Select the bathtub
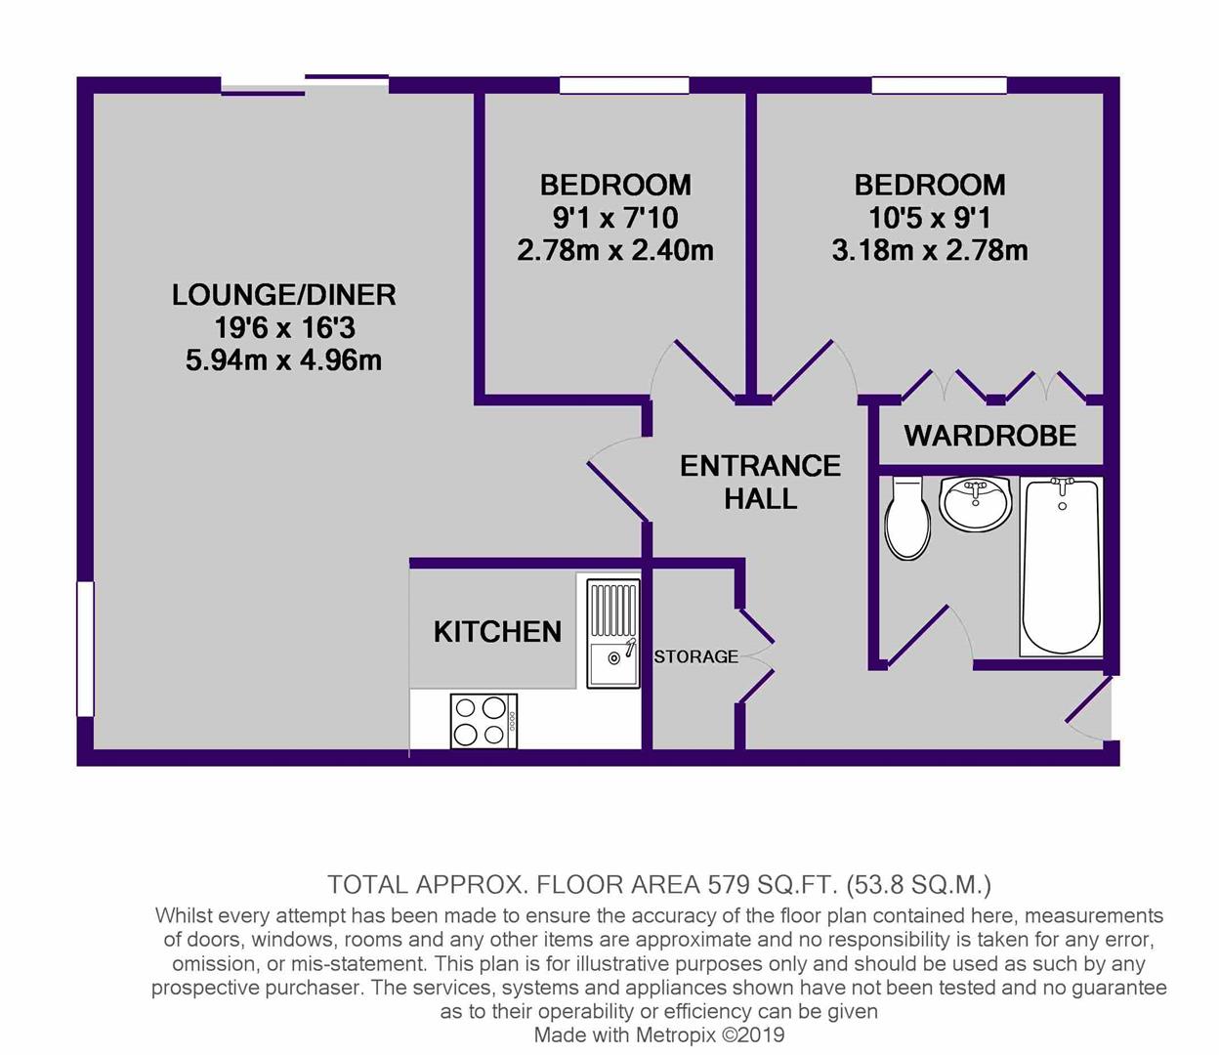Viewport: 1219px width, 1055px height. (x=1061, y=567)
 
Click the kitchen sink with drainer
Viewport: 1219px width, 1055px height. (x=613, y=633)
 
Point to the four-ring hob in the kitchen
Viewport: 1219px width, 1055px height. (x=483, y=721)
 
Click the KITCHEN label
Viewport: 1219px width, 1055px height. (x=498, y=632)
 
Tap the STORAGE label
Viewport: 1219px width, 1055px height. (x=695, y=656)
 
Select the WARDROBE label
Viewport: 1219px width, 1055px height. (x=990, y=436)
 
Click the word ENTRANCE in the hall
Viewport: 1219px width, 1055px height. (x=760, y=466)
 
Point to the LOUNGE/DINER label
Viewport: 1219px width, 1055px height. (x=283, y=295)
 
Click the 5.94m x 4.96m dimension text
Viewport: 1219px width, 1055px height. (x=283, y=359)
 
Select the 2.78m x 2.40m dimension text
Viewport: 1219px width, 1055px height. (x=615, y=250)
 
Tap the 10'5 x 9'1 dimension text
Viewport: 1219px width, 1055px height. (x=930, y=218)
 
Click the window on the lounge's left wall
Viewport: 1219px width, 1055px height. (x=86, y=650)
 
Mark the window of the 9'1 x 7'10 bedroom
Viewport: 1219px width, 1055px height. (x=624, y=86)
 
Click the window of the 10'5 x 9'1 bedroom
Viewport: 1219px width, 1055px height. (x=939, y=86)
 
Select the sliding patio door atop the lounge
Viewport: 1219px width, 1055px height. (x=305, y=85)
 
